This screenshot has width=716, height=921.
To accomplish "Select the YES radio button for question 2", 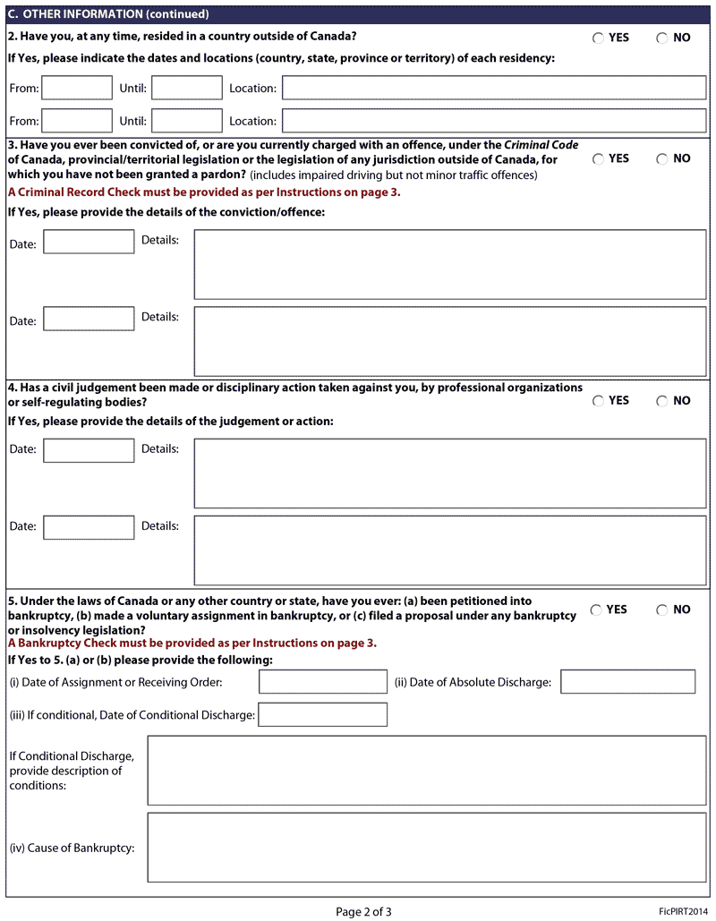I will pos(598,38).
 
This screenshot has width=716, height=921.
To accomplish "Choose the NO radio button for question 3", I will pos(662,159).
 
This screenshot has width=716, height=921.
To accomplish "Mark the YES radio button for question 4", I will pos(598,401).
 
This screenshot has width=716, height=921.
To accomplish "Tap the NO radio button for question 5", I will pos(662,610).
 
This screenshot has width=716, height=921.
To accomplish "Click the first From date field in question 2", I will pos(77,88).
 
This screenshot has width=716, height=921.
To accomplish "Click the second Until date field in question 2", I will pos(186,121).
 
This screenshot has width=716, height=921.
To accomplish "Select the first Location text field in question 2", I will pos(494,88).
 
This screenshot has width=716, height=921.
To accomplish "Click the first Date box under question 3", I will pos(89,242).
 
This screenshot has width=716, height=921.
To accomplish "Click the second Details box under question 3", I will pos(450,341).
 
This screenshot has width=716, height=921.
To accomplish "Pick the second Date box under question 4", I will pos(89,527).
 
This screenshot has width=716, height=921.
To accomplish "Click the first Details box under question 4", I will pos(450,473).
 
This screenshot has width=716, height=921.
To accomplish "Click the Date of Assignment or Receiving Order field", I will pos(323,682).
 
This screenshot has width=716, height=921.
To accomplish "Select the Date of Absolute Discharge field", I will pos(627,682).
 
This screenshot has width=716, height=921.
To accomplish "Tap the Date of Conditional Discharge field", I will pos(323,714).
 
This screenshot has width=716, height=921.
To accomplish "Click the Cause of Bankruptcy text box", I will pos(427,848).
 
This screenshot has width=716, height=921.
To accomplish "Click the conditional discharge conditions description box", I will pos(427,771).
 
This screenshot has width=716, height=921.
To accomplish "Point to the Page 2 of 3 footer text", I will pos(363,912).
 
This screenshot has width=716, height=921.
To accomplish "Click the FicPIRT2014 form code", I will pos(684,911).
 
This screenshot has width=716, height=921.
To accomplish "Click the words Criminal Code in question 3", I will pos(541,145).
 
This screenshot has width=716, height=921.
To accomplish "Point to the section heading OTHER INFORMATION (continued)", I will pos(115,14).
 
